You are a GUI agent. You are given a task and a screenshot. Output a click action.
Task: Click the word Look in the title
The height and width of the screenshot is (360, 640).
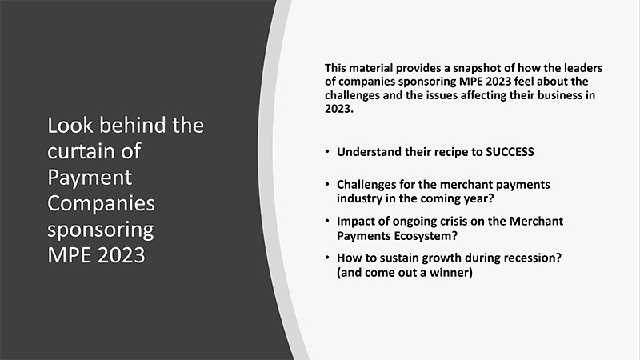click(x=70, y=125)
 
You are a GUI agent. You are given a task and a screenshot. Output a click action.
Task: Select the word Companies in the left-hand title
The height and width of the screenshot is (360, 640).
click(x=102, y=203)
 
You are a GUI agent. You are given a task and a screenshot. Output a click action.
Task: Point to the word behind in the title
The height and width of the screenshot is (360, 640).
click(x=133, y=125)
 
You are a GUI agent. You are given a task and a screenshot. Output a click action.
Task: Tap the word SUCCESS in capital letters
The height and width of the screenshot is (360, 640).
click(x=510, y=152)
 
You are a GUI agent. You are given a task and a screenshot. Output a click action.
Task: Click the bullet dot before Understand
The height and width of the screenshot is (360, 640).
click(x=327, y=151)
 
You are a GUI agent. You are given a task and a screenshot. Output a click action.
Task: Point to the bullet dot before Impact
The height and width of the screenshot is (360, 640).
click(x=327, y=221)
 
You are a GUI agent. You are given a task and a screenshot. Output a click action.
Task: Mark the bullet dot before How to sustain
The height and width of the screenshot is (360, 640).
click(x=327, y=258)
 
